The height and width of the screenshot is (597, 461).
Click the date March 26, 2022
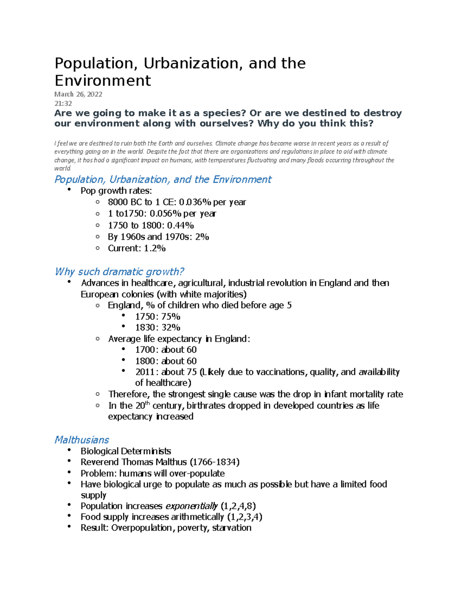(78, 94)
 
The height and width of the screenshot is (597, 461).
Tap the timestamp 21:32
(63, 103)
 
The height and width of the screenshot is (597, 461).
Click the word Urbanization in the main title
(193, 63)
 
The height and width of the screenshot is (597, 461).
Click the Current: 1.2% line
(136, 248)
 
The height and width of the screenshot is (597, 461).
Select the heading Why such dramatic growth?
(119, 272)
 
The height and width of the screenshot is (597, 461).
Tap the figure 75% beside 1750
(170, 317)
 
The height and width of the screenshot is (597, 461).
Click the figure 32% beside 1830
(170, 328)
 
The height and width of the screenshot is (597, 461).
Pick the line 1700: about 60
(166, 350)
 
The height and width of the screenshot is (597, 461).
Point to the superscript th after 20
(147, 403)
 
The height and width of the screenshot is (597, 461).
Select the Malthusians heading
(81, 440)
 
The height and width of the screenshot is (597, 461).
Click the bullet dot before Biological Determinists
(69, 450)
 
